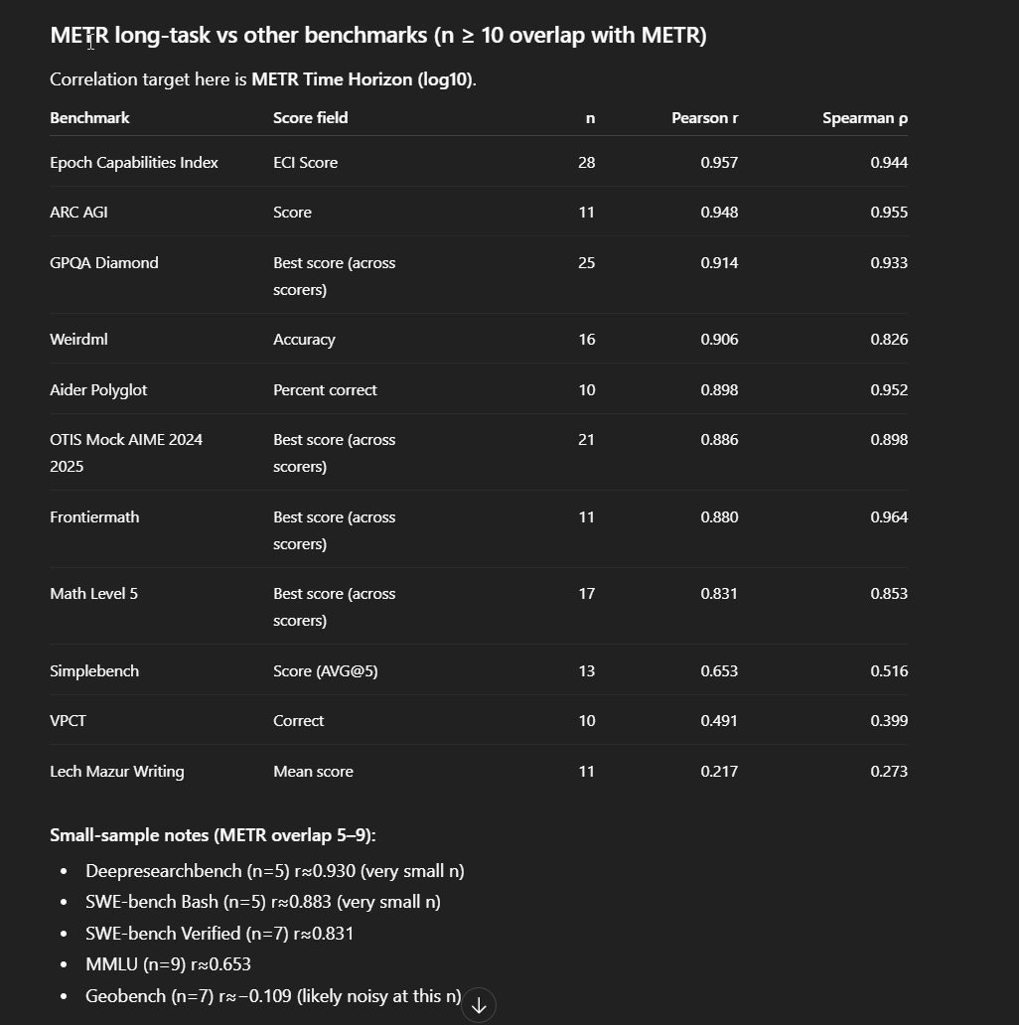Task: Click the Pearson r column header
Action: pyautogui.click(x=704, y=118)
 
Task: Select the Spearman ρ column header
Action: pyautogui.click(x=864, y=118)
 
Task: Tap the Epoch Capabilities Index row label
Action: pyautogui.click(x=134, y=163)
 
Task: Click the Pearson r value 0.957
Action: pyautogui.click(x=719, y=163)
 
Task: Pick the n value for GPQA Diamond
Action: pyautogui.click(x=586, y=263)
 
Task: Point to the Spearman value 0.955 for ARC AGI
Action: pyautogui.click(x=889, y=213)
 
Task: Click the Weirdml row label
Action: pyautogui.click(x=78, y=340)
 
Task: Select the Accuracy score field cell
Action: pyautogui.click(x=304, y=340)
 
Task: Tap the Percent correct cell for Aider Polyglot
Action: pyautogui.click(x=325, y=390)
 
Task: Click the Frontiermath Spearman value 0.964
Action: pyautogui.click(x=889, y=517)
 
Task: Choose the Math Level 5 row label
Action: pyautogui.click(x=93, y=594)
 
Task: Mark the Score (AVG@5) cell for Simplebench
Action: pyautogui.click(x=325, y=671)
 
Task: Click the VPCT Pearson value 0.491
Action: pyautogui.click(x=719, y=721)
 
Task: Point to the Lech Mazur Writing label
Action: pyautogui.click(x=116, y=772)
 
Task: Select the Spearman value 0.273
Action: pyautogui.click(x=889, y=772)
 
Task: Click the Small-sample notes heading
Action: pyautogui.click(x=213, y=835)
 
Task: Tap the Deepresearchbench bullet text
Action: pyautogui.click(x=274, y=871)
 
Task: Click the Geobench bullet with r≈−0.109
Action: pyautogui.click(x=273, y=996)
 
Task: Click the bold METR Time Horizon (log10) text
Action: pyautogui.click(x=362, y=79)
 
